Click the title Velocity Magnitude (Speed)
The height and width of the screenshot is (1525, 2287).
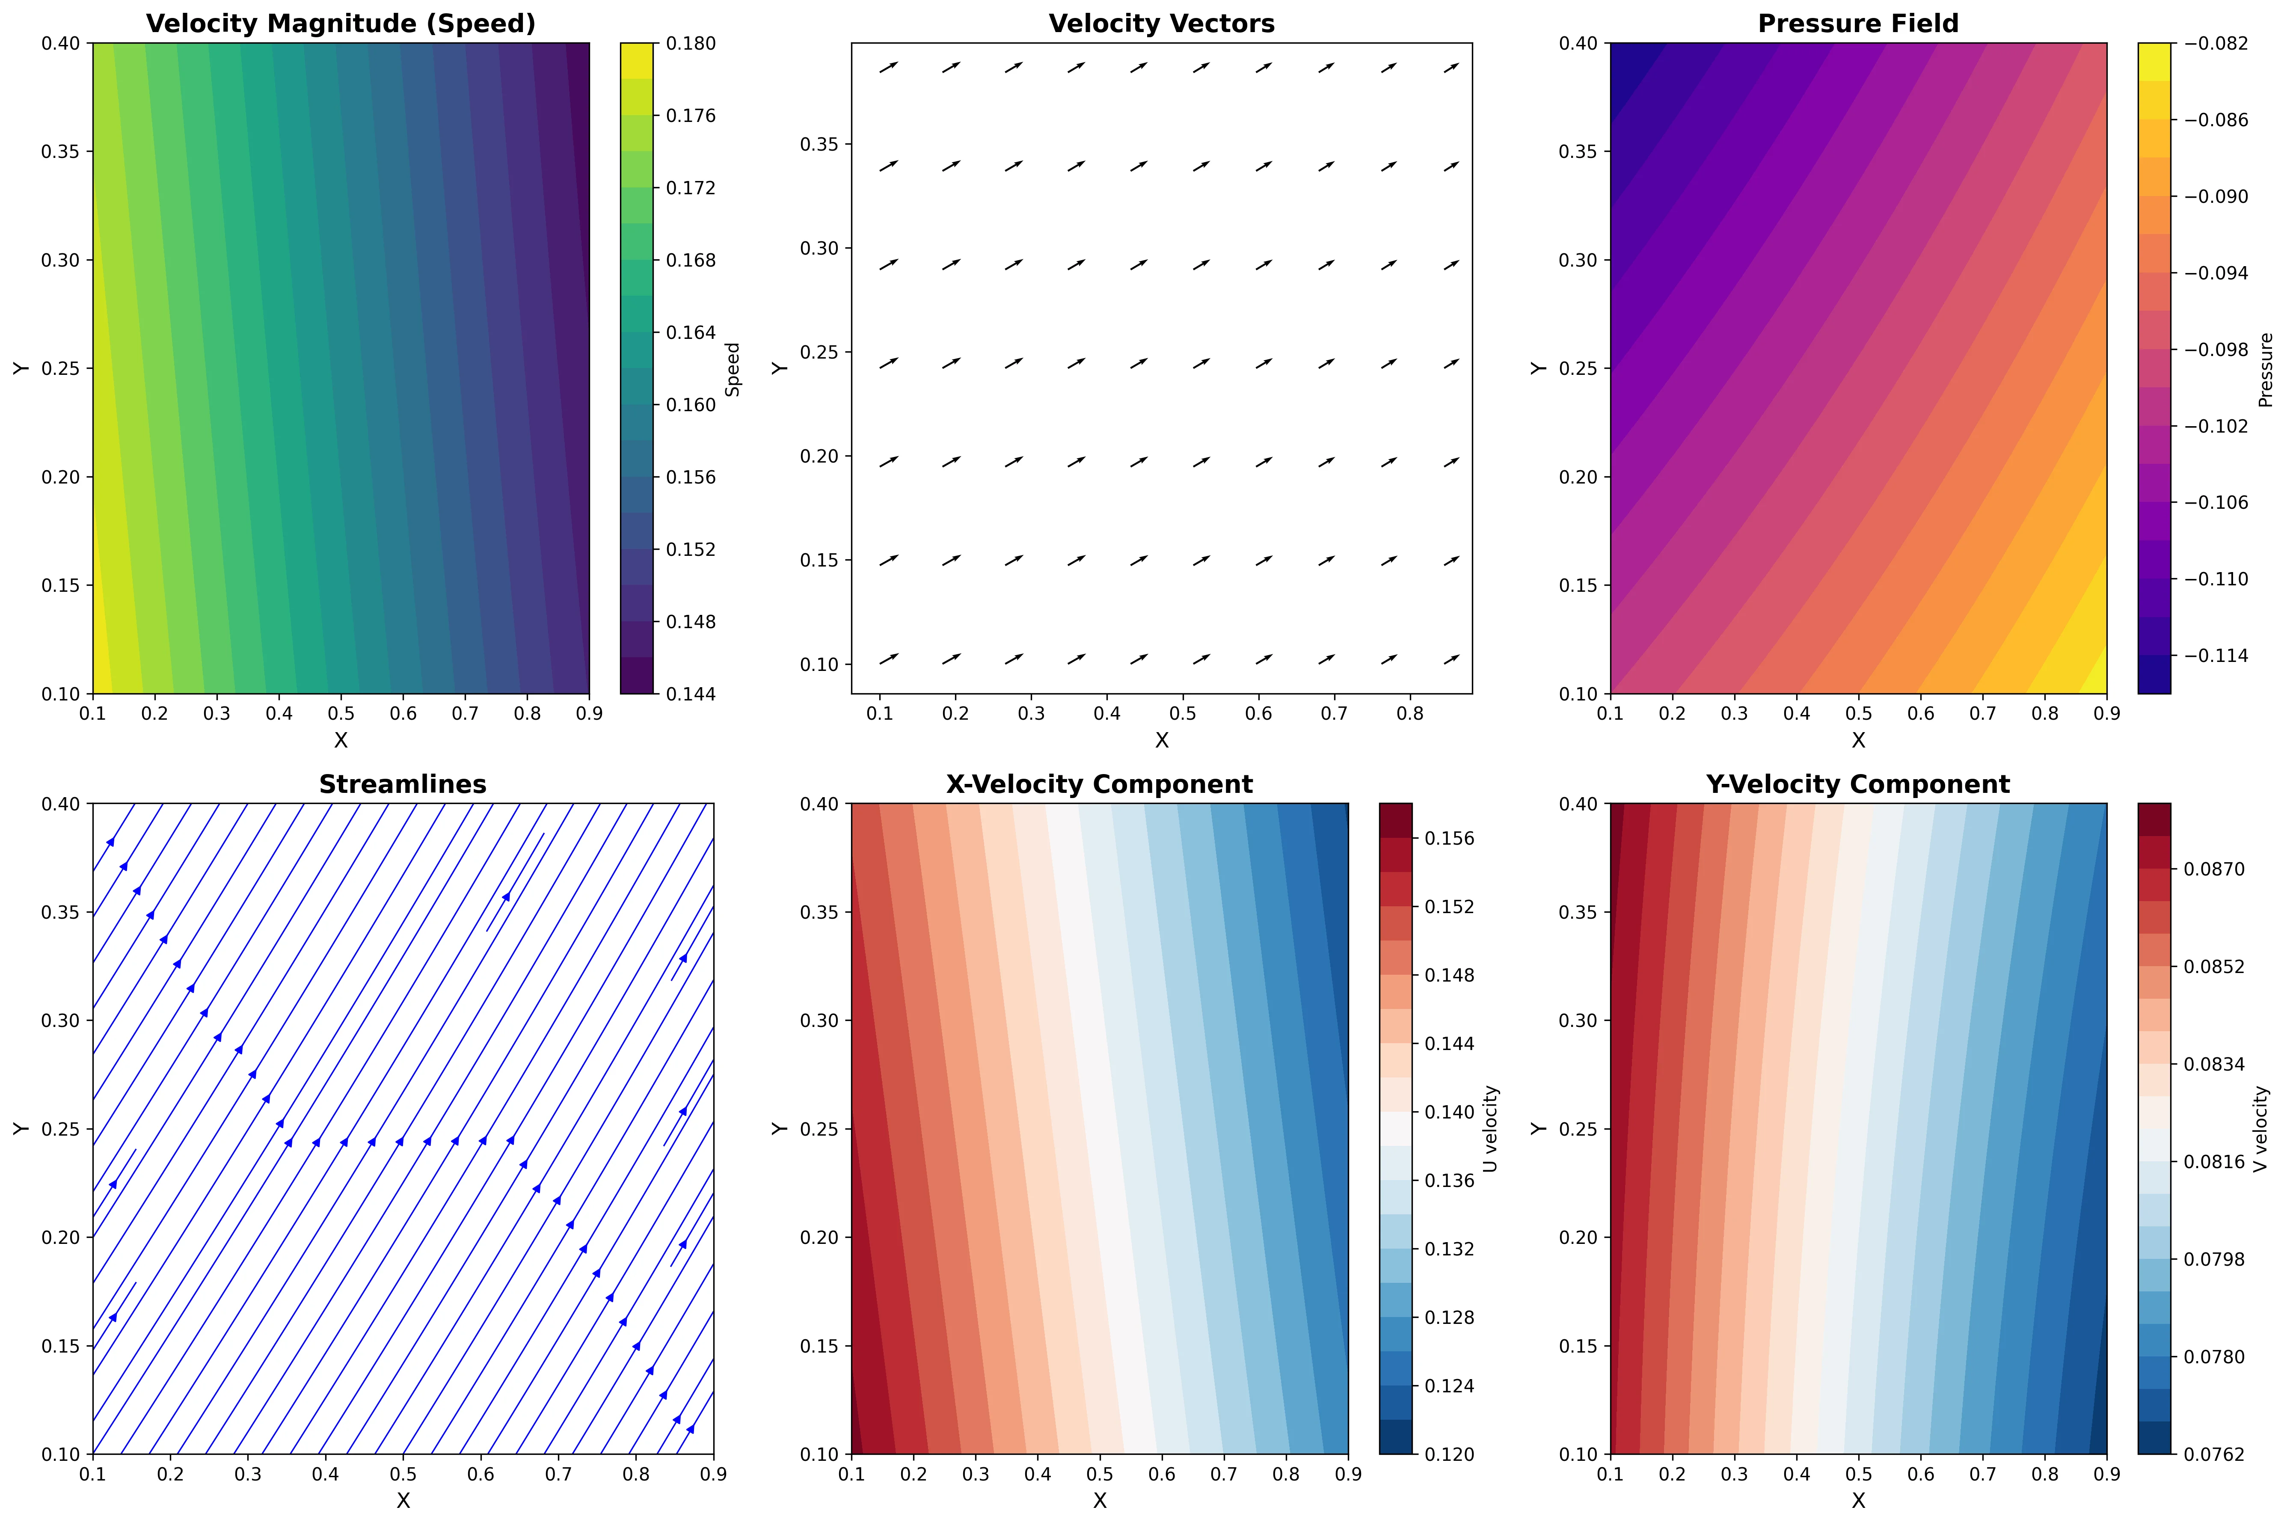pyautogui.click(x=340, y=24)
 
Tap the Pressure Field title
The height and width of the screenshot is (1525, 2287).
pyautogui.click(x=1857, y=24)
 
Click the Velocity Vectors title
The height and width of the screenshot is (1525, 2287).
pyautogui.click(x=1161, y=24)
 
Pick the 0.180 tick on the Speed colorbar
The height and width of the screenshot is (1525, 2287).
pyautogui.click(x=690, y=44)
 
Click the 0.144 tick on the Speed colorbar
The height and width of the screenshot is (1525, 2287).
pyautogui.click(x=690, y=694)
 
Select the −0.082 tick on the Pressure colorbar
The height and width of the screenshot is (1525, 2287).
pyautogui.click(x=2215, y=44)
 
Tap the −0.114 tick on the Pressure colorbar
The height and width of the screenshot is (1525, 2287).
pyautogui.click(x=2215, y=656)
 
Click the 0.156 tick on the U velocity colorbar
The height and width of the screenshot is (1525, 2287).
pyautogui.click(x=1449, y=838)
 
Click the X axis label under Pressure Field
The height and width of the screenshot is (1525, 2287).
pyautogui.click(x=1857, y=740)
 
